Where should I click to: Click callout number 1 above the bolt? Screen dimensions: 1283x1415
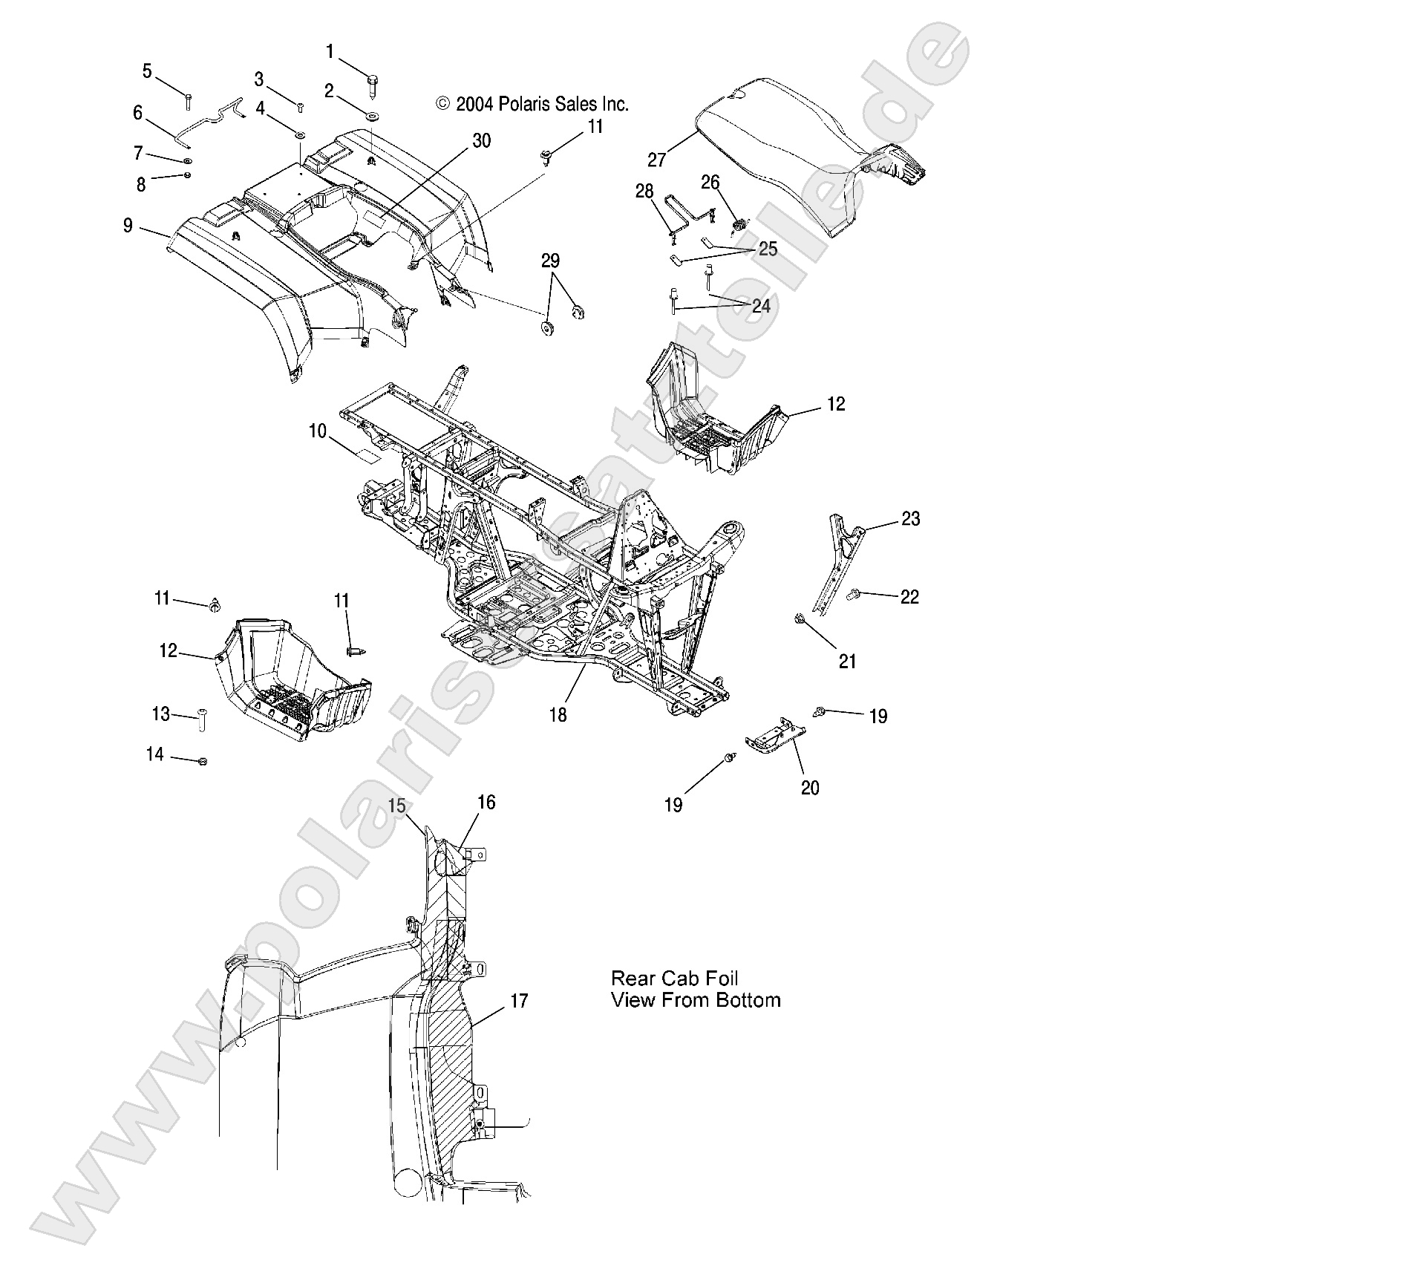330,52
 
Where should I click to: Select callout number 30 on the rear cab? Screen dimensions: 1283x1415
481,141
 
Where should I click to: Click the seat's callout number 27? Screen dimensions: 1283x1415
656,160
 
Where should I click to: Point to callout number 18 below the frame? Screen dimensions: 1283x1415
558,714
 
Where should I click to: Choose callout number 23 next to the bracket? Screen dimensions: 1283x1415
910,519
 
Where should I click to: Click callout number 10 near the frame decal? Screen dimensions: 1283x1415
318,431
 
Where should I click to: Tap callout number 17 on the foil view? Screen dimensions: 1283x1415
519,1002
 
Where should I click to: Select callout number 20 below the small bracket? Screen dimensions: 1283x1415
810,788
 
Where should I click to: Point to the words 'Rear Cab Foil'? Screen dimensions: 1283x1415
674,979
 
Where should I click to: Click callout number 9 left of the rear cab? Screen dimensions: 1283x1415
128,225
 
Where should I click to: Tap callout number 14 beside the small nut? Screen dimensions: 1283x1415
154,754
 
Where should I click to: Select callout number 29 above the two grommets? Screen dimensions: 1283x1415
550,261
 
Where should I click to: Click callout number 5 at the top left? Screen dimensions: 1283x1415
147,71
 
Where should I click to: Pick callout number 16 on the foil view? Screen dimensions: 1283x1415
486,803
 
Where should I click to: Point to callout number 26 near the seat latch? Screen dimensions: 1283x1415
710,183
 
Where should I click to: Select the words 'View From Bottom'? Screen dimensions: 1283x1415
696,1000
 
